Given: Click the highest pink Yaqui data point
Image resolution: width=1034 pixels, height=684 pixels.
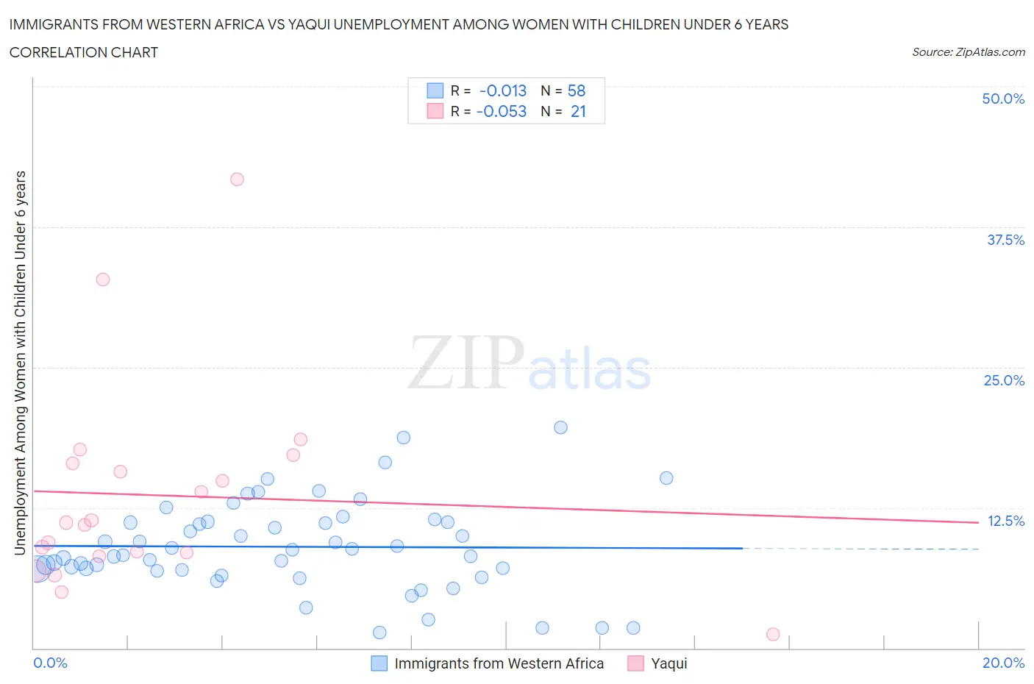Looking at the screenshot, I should [237, 179].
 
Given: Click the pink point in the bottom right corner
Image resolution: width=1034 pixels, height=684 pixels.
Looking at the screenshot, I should [773, 634].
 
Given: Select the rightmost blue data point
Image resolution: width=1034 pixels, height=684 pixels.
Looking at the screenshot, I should [666, 478].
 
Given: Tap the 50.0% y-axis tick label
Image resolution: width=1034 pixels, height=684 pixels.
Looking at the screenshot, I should [1003, 99].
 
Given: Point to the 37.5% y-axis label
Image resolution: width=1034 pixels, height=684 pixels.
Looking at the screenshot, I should [1005, 240].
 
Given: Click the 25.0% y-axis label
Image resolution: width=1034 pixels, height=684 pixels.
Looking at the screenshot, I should [1004, 380].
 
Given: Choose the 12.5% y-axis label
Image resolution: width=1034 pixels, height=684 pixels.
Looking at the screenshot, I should [1005, 521].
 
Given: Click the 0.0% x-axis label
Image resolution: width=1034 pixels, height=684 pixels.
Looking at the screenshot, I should [50, 663].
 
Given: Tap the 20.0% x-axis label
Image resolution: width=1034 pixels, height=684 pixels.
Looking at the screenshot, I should [1003, 663].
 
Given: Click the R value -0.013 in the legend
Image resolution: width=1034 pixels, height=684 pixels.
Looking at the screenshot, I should [503, 90].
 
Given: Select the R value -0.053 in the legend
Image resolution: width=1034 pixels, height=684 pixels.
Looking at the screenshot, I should [502, 111].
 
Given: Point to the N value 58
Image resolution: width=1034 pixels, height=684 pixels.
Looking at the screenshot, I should [577, 90].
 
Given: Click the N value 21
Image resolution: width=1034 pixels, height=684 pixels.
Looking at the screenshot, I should [578, 111].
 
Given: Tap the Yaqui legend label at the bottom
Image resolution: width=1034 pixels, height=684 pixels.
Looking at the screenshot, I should [669, 663].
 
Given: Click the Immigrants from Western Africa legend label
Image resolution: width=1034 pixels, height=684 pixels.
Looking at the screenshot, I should [499, 663].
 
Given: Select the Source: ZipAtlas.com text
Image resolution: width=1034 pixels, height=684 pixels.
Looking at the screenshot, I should [968, 52].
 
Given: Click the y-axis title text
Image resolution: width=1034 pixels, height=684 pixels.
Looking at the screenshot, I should [20, 363].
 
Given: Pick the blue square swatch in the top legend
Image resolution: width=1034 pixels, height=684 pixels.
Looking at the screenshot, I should [435, 90].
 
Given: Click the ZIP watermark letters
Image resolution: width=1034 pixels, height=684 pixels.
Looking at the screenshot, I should [466, 362].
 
